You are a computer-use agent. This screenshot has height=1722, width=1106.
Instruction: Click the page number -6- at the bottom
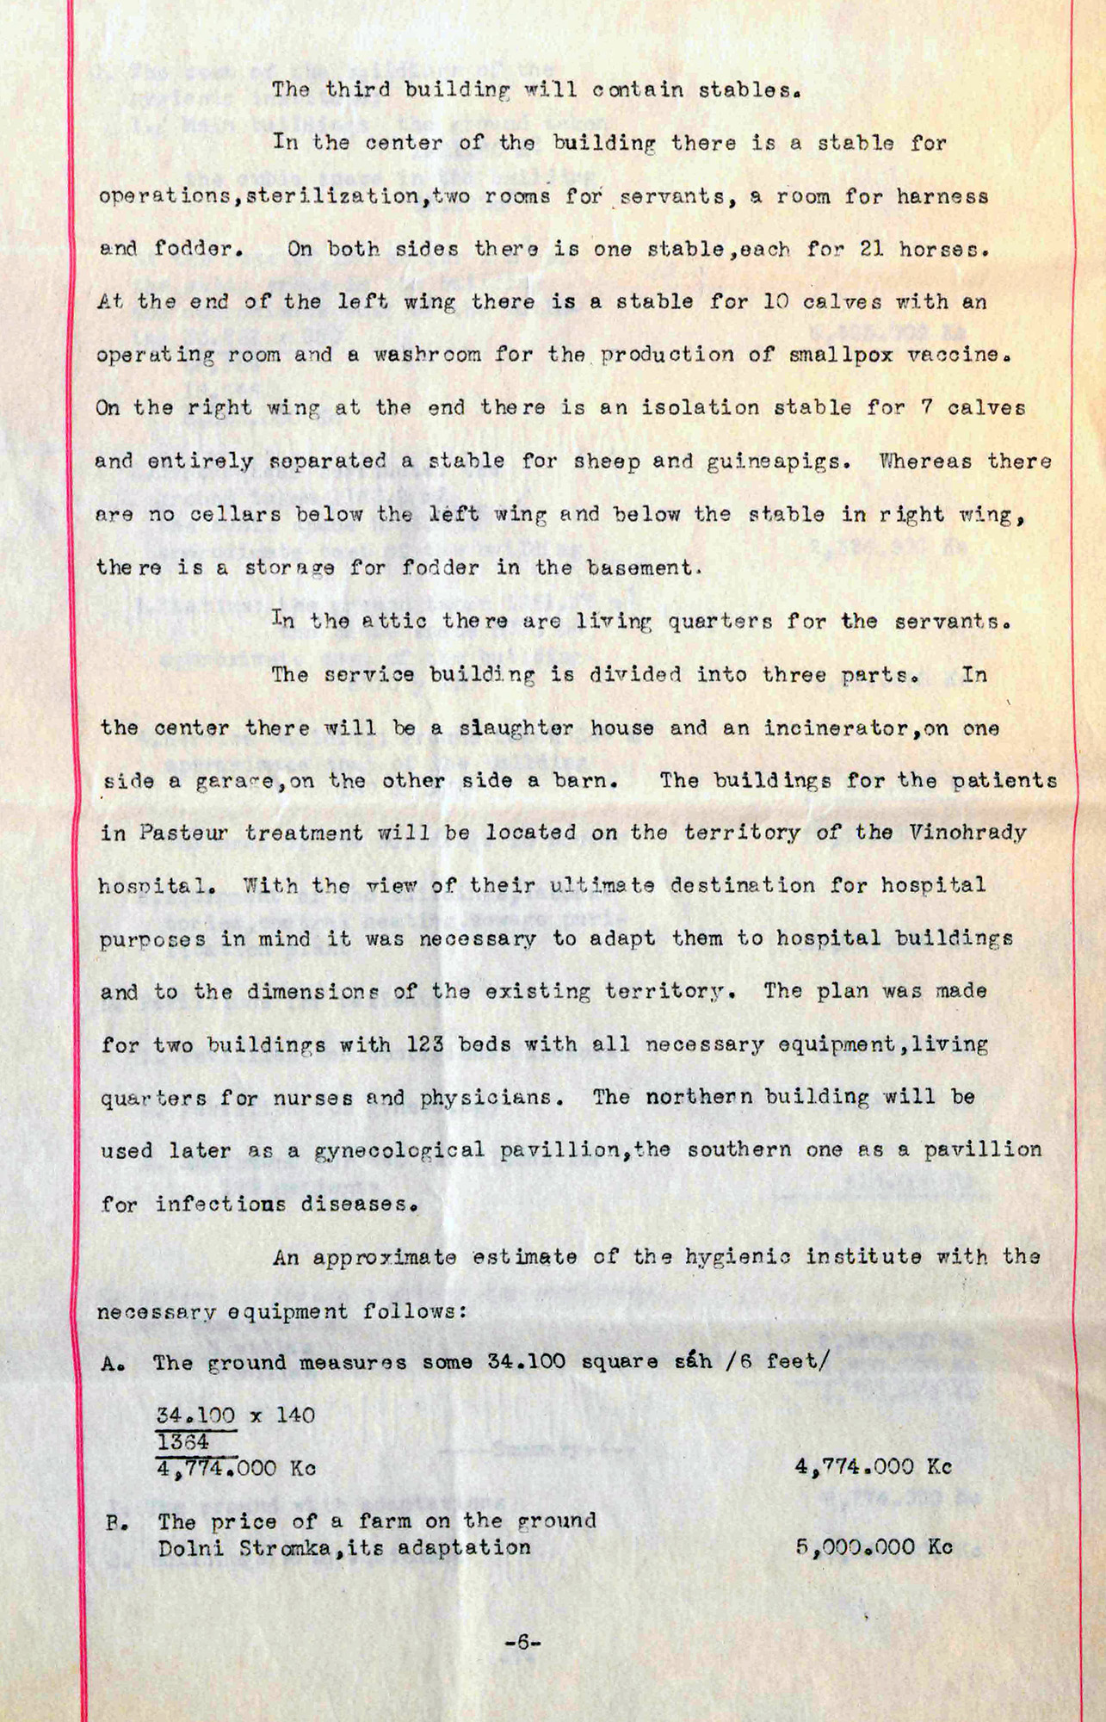click(x=522, y=1643)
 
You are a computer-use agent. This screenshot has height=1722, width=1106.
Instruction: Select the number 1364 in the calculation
click(x=182, y=1442)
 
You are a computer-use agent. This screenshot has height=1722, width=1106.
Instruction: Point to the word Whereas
click(x=922, y=461)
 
